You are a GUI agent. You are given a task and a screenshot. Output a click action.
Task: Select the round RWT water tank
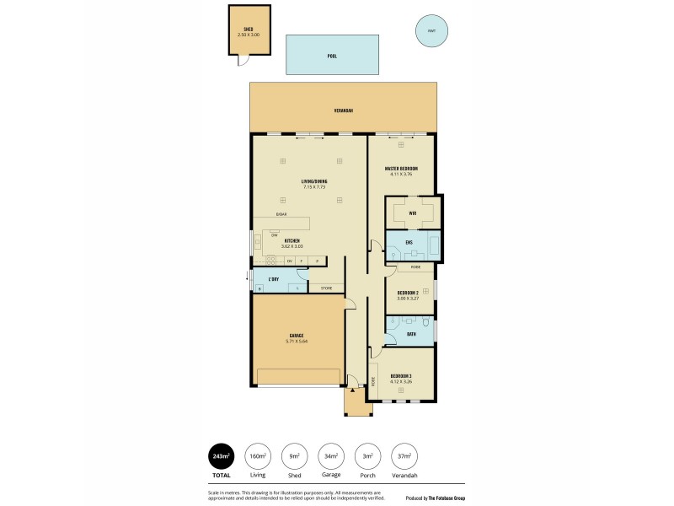[431, 31]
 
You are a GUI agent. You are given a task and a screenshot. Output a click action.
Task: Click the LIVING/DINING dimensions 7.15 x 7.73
[314, 187]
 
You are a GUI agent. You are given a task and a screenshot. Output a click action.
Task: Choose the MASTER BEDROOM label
[401, 168]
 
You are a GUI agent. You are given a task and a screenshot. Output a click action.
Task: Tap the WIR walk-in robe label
[413, 213]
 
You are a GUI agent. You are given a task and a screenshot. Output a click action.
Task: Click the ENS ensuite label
[408, 243]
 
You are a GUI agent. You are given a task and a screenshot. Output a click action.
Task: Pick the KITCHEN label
[292, 241]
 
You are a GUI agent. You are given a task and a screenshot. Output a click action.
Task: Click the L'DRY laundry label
[273, 278]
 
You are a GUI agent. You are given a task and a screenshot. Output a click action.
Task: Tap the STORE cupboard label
[326, 288]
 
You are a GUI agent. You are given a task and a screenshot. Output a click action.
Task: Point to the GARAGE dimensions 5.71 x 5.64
[297, 342]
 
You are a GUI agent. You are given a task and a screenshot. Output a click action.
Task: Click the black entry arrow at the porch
[350, 390]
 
